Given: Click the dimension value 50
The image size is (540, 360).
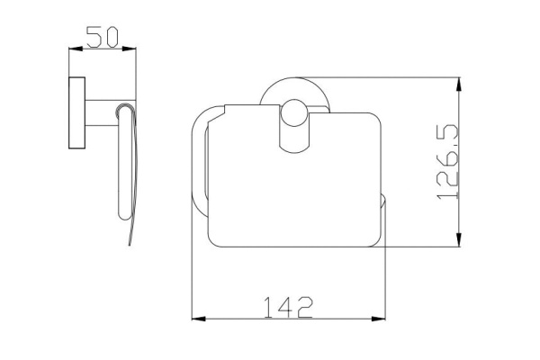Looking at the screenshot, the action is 103,37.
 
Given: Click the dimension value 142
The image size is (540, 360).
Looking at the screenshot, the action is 288,307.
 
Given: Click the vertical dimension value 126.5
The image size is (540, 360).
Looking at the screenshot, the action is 448,162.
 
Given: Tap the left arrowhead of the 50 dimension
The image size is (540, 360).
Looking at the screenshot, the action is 76,49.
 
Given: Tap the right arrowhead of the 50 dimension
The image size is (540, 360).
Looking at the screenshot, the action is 129,49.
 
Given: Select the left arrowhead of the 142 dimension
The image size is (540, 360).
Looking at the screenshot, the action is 199,319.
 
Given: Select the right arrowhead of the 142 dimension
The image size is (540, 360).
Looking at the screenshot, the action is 379,319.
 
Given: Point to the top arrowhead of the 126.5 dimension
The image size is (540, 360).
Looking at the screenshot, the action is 458,85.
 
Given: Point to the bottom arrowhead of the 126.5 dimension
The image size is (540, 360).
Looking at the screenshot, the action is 458,239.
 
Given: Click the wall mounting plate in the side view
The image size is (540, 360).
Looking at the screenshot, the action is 76,112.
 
